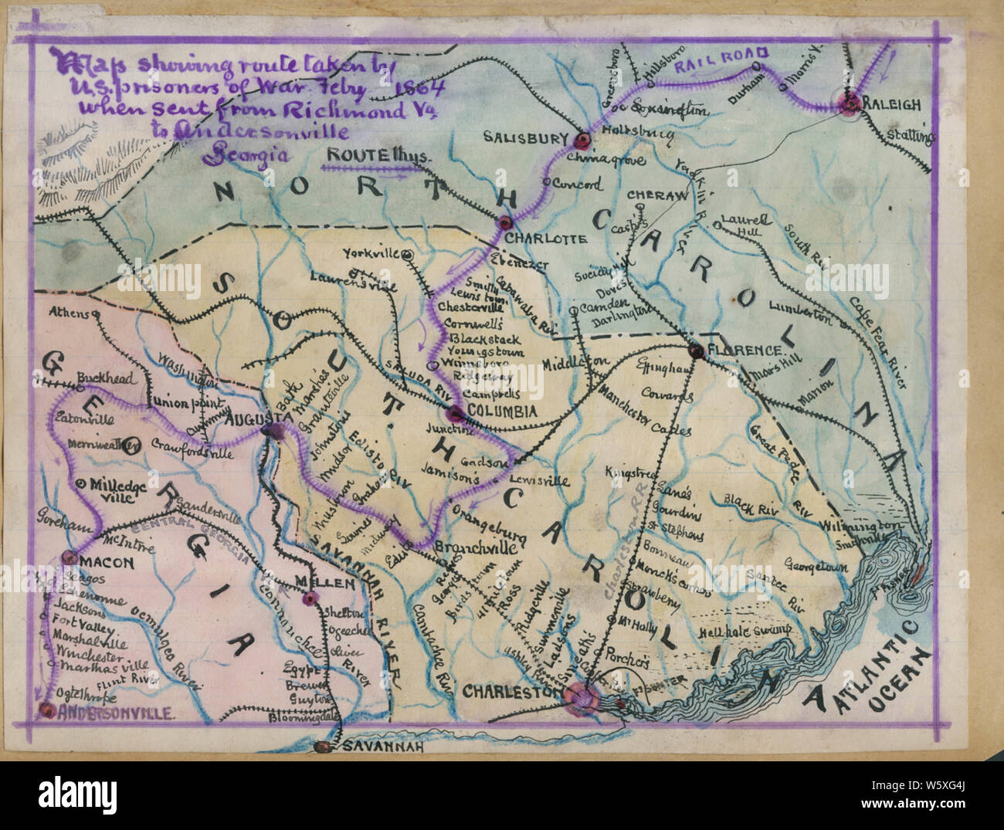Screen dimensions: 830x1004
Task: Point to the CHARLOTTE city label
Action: click(x=549, y=239)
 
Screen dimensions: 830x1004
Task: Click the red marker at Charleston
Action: click(x=581, y=698)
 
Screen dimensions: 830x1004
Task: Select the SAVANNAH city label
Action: click(x=379, y=747)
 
